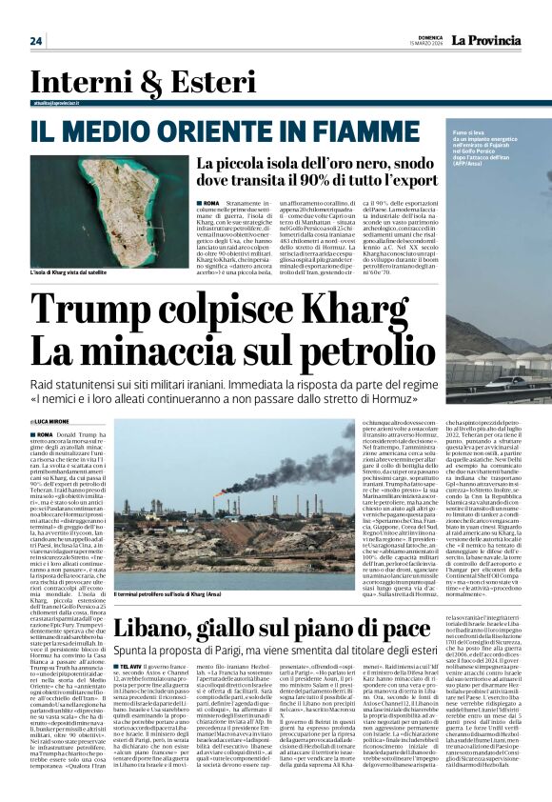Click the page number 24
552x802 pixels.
[35, 41]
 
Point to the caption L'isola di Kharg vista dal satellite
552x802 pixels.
[79, 273]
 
